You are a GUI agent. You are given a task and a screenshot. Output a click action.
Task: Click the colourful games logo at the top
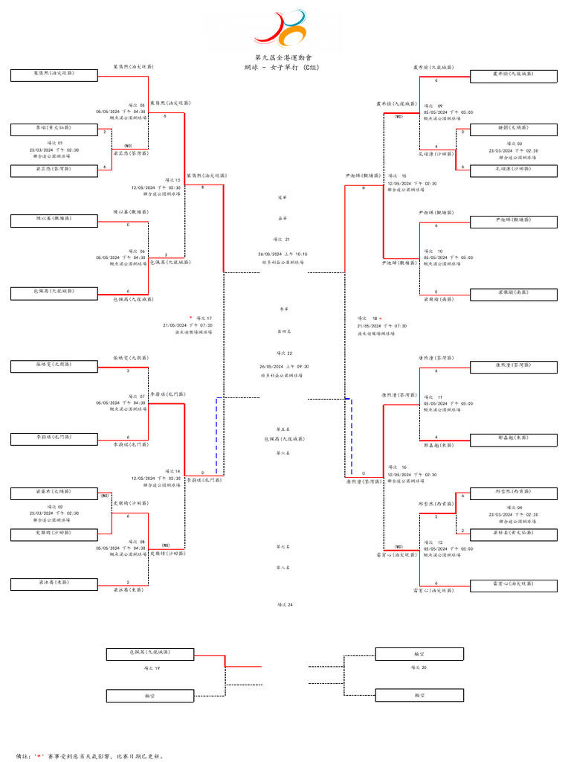[x=280, y=30]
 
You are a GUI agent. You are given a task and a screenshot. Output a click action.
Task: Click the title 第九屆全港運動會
[x=284, y=57]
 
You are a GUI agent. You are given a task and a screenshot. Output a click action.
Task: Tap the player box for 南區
[x=514, y=293]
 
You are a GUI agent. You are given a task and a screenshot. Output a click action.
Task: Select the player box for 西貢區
[x=514, y=492]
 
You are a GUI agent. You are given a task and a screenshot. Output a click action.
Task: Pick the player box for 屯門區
[x=54, y=438]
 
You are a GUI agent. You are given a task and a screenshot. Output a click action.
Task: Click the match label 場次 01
[x=56, y=143]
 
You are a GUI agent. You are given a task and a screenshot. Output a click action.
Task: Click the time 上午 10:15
[x=294, y=254]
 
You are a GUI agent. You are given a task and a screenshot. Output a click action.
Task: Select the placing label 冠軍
[x=282, y=198]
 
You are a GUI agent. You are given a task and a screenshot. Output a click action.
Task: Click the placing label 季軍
[x=282, y=309]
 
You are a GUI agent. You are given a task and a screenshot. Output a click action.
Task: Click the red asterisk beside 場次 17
[x=190, y=318]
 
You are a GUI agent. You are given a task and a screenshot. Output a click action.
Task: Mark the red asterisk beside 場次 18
[x=381, y=318]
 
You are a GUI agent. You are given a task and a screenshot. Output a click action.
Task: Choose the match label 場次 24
[x=285, y=605]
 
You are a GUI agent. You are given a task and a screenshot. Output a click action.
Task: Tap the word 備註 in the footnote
[x=23, y=755]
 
